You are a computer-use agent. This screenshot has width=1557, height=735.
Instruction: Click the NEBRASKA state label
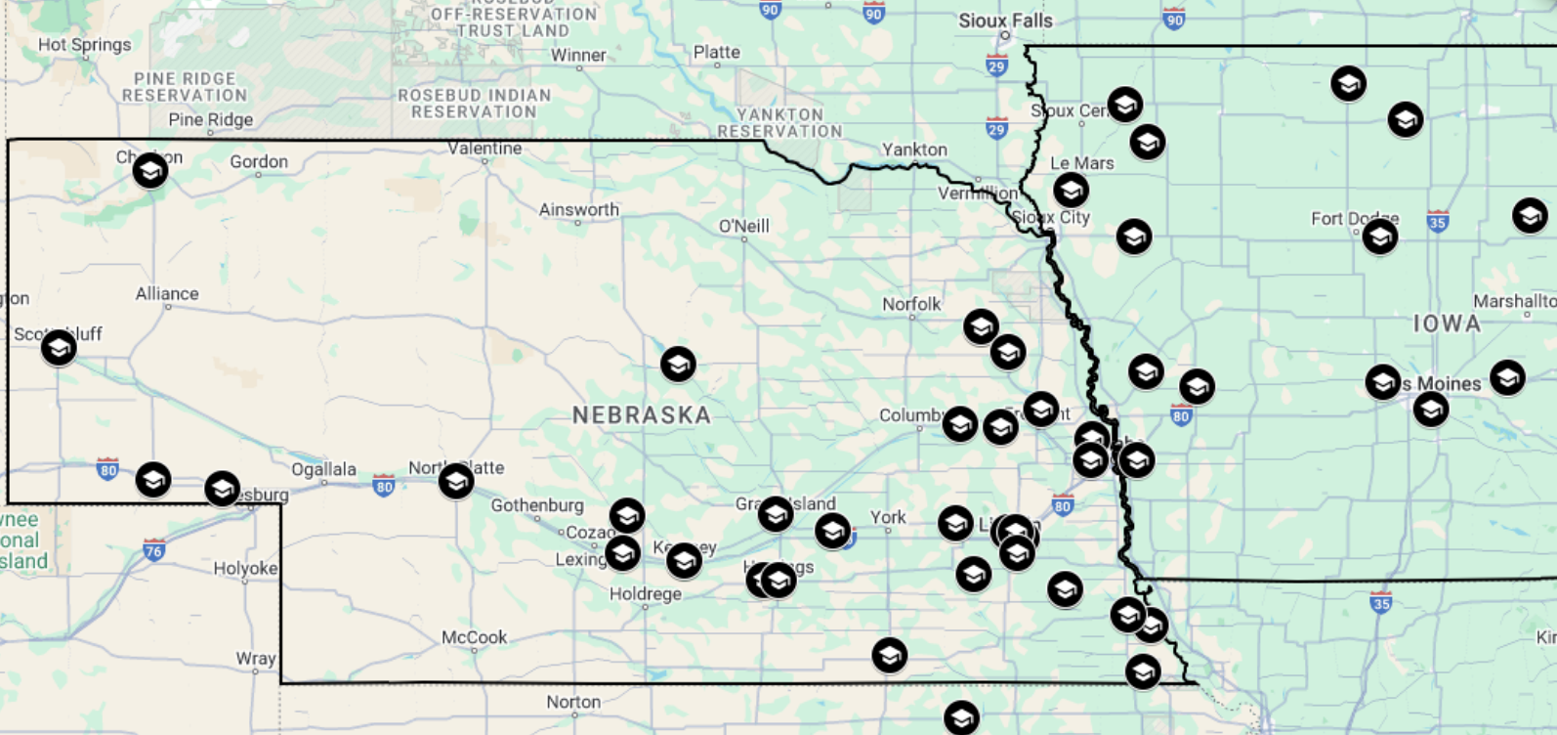coord(641,415)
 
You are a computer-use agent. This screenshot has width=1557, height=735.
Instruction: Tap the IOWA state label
coord(1447,324)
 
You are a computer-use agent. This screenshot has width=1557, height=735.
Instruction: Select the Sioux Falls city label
coord(1005,21)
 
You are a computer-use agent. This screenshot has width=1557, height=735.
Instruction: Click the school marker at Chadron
coord(150,171)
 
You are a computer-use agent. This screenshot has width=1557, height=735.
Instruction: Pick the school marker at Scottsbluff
coord(59,347)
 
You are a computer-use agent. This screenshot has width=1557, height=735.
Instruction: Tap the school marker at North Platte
coord(456,481)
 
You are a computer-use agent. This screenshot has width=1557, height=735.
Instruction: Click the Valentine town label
coord(484,149)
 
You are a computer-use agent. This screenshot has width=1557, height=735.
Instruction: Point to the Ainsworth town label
coord(578,210)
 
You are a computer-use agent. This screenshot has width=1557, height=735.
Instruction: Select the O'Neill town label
coord(743,227)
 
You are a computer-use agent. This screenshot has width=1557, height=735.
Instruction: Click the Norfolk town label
coord(911,305)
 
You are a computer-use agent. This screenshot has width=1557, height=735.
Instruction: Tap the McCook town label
coord(474,637)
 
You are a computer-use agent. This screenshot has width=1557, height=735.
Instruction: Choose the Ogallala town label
coord(323,469)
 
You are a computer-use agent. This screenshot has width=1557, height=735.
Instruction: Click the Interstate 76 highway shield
coord(153,550)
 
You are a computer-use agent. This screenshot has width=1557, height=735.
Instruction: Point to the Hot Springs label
coord(84,45)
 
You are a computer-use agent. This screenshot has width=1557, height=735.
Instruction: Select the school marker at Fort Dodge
coord(1379,236)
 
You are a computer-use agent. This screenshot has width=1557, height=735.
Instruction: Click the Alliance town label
coord(167,294)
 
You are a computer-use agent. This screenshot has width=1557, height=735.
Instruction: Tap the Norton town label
coord(573,702)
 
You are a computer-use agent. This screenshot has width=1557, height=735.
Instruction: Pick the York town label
coord(888,517)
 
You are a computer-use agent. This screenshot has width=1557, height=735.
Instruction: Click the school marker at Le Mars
coord(1071,190)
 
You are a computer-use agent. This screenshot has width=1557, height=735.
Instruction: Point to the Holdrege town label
coord(645,594)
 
